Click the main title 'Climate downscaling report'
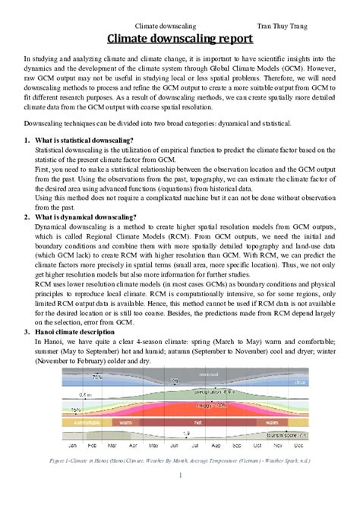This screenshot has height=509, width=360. [x=179, y=40]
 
